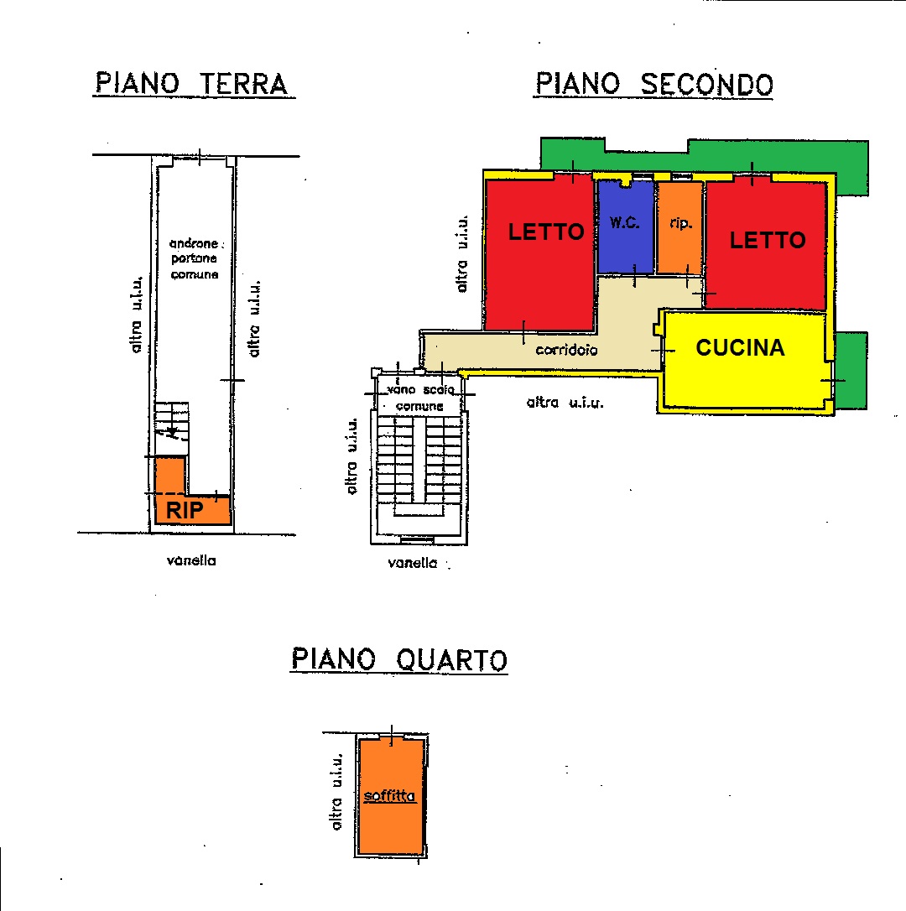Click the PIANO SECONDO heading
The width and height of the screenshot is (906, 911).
653,84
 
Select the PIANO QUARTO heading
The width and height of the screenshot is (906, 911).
399,659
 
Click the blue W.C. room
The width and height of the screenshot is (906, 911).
625,226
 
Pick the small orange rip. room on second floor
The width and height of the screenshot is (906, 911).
679,227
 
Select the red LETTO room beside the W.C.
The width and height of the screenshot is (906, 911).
539,253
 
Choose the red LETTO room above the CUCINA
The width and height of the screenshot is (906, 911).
766,244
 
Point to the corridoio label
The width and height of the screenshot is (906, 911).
566,350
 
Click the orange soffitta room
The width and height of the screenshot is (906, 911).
391,796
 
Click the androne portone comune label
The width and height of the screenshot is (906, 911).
195,258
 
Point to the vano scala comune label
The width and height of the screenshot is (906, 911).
419,398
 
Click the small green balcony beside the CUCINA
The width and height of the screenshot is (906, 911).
851,371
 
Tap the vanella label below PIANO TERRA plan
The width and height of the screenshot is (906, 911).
191,560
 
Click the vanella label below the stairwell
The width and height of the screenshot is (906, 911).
413,562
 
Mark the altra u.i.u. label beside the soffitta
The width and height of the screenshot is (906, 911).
336,792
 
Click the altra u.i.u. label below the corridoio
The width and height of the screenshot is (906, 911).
565,402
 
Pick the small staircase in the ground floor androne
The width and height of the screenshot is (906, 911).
171,429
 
